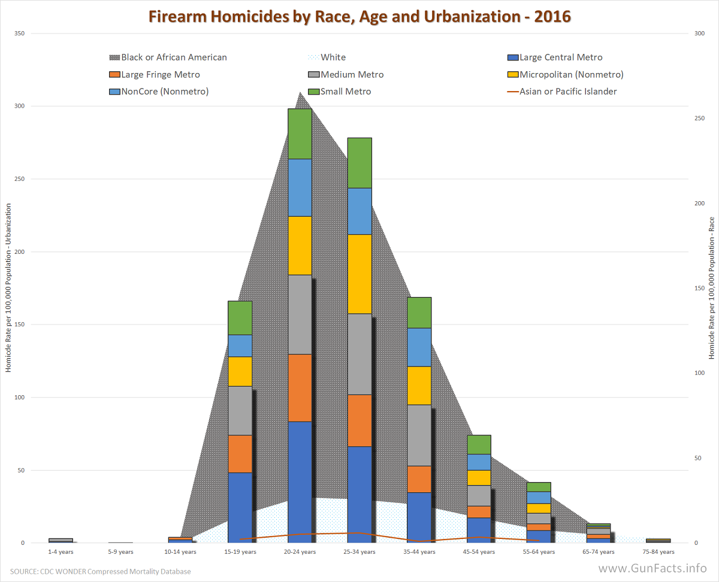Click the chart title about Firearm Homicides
[x=359, y=16]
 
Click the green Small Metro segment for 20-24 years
[x=300, y=134]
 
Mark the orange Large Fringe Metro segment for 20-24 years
[x=300, y=388]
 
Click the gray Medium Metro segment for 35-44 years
[x=419, y=435]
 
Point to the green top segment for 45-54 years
[x=479, y=444]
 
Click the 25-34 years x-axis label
[x=359, y=552]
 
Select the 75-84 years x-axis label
[x=658, y=552]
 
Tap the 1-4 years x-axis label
[x=61, y=552]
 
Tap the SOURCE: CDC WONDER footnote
[x=100, y=572]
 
